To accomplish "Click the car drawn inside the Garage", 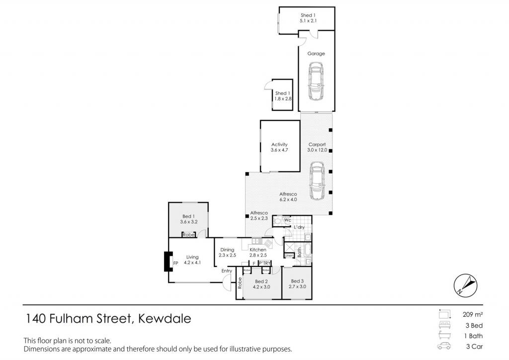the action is tap(316, 81).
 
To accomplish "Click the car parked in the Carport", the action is tap(317, 181).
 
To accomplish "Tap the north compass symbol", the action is tap(465, 285).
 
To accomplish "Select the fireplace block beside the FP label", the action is tap(168, 262).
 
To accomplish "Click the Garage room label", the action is tap(316, 54).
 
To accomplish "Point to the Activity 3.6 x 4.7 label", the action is tap(279, 147).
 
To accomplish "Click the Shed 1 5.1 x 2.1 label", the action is tap(308, 18).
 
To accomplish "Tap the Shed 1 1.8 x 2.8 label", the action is tap(283, 96).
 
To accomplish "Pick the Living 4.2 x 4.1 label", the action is tap(192, 260).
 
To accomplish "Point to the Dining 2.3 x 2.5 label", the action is tap(227, 252).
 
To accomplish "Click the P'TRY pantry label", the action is tap(264, 263).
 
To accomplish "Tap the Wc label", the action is tap(288, 220).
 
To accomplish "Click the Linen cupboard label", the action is tap(289, 256).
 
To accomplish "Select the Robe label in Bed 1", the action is tap(188, 234).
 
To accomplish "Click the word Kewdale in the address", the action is tap(165, 318).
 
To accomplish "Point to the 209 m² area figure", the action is tap(473, 314).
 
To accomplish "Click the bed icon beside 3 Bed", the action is tap(444, 325).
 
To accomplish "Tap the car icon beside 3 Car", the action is tap(444, 346).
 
